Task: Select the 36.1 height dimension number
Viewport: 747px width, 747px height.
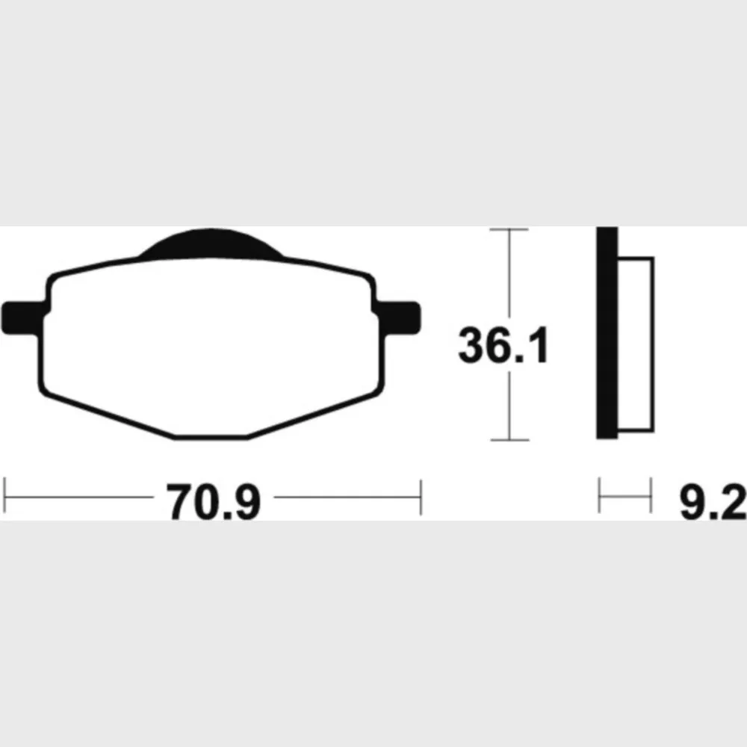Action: [x=503, y=345]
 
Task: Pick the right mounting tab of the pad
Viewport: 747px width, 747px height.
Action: [x=399, y=317]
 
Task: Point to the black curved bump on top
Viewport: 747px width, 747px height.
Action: [x=211, y=244]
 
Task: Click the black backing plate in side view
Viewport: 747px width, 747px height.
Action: [x=607, y=332]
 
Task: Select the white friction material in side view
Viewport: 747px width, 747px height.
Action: [x=636, y=344]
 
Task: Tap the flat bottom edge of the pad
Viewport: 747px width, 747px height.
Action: [x=211, y=436]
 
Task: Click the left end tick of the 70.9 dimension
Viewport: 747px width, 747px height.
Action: [x=4, y=496]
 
